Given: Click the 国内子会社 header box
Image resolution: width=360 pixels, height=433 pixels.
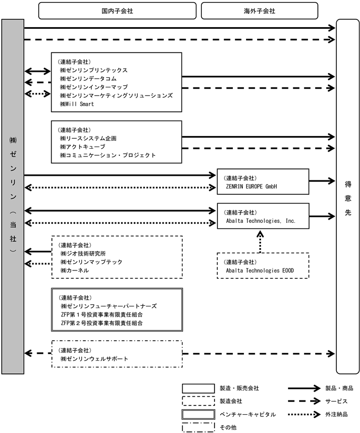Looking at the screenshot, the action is pos(117,11).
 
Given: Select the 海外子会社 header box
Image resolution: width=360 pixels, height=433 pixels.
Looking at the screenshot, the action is pos(259,11).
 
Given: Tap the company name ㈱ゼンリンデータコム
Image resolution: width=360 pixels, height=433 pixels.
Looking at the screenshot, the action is pos(88,79).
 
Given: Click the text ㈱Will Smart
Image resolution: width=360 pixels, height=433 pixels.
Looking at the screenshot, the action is pos(77,104).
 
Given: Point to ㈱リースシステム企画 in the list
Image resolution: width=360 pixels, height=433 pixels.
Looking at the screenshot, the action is pos(88,138).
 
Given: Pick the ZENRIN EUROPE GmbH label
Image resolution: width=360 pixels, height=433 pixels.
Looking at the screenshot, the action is pos(251,186).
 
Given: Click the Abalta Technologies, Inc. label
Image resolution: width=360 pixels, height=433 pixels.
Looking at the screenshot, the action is pos(260,221).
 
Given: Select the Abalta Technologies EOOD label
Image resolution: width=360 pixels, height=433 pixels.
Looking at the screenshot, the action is pos(260,270).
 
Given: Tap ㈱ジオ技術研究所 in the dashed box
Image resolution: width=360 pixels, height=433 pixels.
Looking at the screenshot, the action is pos(83,253).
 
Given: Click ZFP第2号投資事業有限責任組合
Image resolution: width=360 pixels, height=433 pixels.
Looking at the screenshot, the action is pos(102,323).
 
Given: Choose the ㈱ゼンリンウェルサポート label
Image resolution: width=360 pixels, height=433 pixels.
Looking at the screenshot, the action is pos(95,359).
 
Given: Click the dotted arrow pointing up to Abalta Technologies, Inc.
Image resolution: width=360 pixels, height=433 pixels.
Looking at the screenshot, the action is pos(260,242).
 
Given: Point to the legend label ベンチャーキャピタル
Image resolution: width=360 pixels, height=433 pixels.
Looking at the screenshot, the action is pos(248,414).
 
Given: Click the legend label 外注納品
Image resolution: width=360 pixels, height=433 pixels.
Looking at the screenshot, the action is pos(336,414).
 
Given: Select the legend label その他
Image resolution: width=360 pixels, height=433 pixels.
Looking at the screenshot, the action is pos(228,427).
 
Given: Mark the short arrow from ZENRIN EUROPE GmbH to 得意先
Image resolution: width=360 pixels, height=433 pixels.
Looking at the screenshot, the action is pos(322,181).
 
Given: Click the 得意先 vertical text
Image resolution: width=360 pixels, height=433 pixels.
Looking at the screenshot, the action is pos(348,199).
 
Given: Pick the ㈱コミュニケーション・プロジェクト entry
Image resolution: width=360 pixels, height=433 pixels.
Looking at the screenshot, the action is pos(108,155).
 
